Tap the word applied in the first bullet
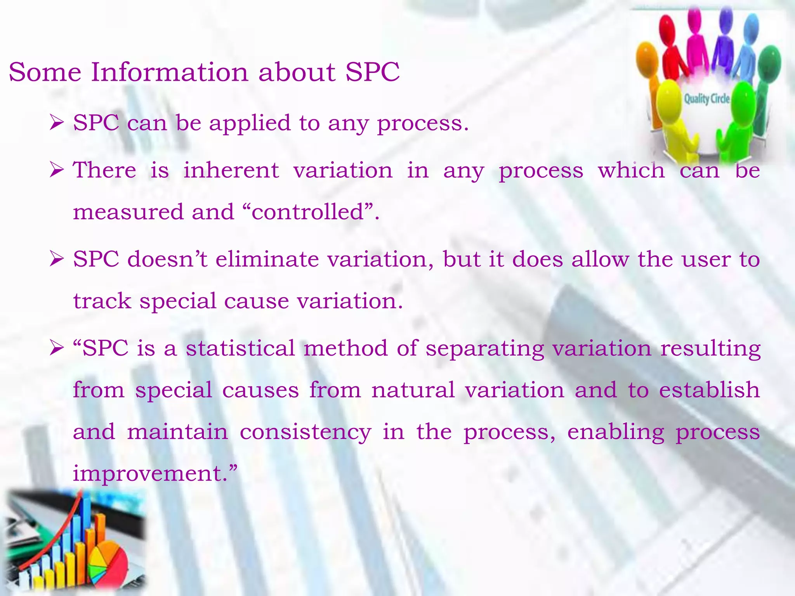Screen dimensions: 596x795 (250, 123)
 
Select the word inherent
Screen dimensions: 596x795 (231, 170)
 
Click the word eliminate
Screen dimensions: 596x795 (267, 259)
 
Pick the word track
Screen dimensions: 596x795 (102, 301)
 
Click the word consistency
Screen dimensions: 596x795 (306, 432)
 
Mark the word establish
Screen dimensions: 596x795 (710, 390)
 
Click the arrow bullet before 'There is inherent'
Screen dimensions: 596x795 (57, 170)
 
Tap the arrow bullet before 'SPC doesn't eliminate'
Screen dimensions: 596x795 (57, 259)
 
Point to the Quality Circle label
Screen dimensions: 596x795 (706, 99)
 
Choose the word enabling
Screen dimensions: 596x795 (616, 432)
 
